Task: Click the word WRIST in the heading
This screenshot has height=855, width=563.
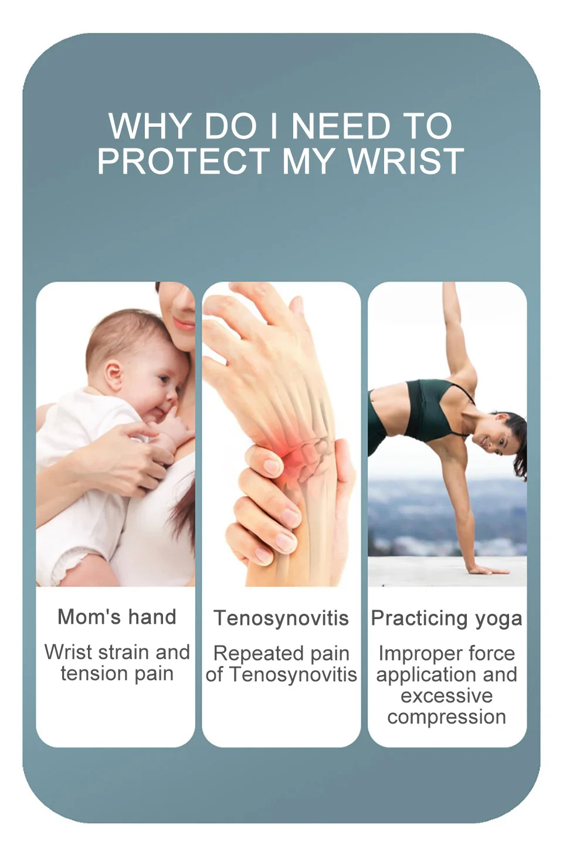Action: coord(406,161)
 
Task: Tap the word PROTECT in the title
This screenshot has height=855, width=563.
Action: coord(184,161)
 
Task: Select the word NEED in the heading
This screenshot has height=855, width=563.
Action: coord(341,126)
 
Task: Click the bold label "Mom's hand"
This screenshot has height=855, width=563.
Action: coord(117,617)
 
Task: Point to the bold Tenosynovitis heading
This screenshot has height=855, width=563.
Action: coord(281,619)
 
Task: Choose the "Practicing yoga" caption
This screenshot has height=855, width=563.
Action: coord(447,619)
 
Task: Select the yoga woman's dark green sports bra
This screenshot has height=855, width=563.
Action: coord(435,408)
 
